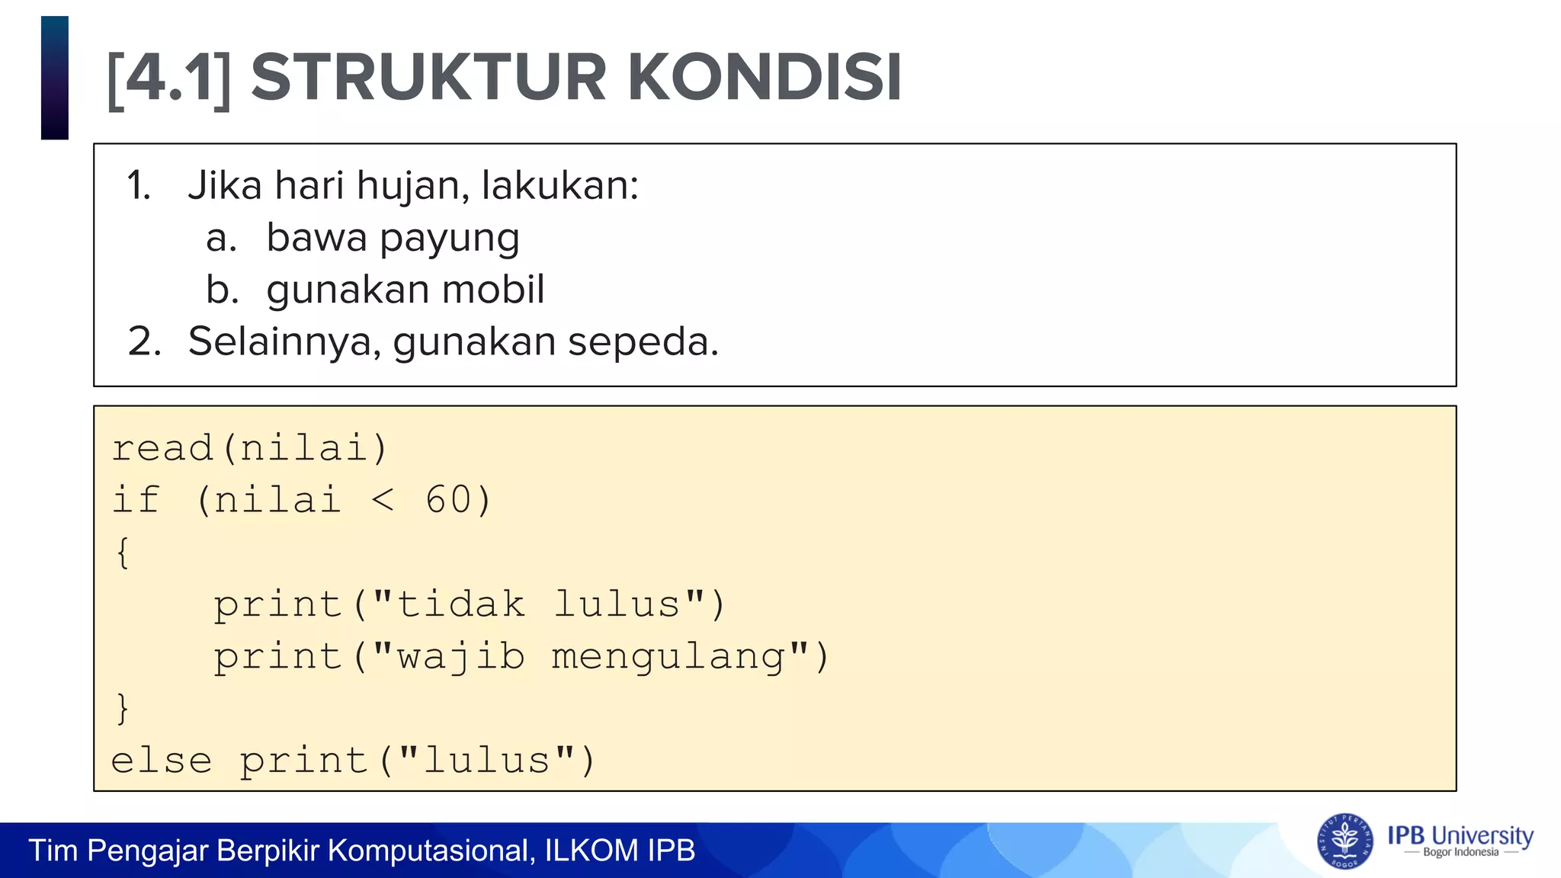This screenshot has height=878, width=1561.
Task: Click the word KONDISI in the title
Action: tap(764, 78)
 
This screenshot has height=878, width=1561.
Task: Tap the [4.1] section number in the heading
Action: tap(168, 79)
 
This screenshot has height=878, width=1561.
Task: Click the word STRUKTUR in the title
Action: tap(428, 78)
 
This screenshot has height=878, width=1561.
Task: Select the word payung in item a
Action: tap(450, 239)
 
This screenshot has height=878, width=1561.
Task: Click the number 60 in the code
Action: tap(448, 501)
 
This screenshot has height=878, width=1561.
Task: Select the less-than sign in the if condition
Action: tap(383, 501)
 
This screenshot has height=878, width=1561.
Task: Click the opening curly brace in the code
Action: tap(123, 553)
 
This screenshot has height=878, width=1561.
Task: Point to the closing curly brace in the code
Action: tap(123, 709)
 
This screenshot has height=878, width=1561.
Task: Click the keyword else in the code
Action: tap(162, 761)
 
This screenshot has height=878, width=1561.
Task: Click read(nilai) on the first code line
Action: tap(250, 448)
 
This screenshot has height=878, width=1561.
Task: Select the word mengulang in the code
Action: tap(668, 657)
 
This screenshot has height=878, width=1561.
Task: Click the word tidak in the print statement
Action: tap(460, 604)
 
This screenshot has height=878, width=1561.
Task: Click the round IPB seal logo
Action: tap(1345, 841)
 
